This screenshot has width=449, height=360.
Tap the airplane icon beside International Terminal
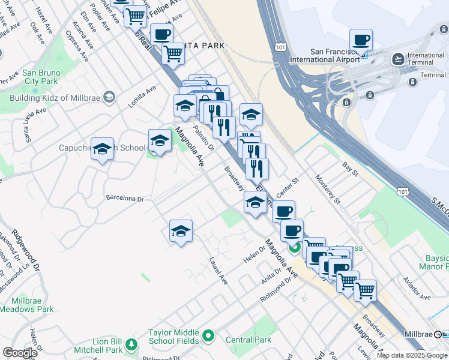coord(397,59)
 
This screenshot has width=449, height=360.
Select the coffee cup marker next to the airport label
coord(361,41)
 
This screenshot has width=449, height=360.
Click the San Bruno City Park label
coord(40,77)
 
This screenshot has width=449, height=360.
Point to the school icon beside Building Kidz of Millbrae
coord(109,97)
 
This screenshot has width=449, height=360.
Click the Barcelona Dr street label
coord(125,198)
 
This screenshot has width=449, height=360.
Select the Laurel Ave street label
coord(218,271)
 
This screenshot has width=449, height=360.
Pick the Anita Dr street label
coord(271,274)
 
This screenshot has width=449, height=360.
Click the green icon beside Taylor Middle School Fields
coord(208,336)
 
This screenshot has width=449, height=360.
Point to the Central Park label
coord(249,340)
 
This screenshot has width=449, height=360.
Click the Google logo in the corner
coord(20,353)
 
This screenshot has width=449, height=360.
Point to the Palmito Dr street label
coord(203,138)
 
